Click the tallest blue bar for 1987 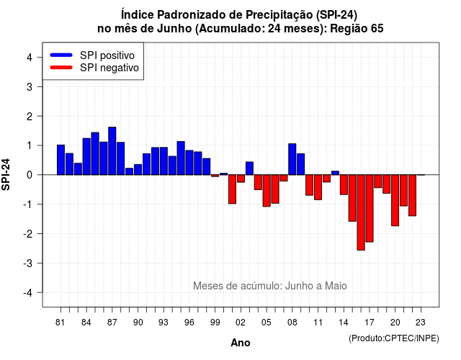coord(112,151)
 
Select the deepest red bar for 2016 coord(361,212)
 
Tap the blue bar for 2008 coord(292,159)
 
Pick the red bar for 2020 coord(395,200)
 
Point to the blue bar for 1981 coord(61,160)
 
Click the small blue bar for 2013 coord(335,173)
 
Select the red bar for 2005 coord(267,190)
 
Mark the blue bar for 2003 coord(249,168)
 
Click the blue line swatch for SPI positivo coord(61,55)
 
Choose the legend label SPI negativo coord(109,68)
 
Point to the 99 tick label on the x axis coord(215,323)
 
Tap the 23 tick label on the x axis coord(421,323)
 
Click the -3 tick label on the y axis coord(28,264)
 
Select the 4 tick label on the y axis coord(30,58)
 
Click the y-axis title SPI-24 coord(6,174)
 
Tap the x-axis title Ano coord(240,343)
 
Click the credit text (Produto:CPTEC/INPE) coord(394,338)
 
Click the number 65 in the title coord(377,29)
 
